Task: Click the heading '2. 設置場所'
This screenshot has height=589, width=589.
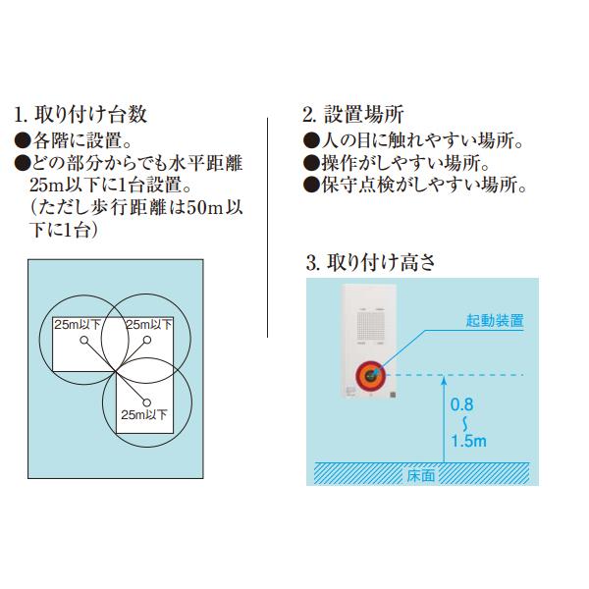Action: click(x=352, y=113)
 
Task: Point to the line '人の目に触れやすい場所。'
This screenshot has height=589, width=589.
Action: click(x=411, y=139)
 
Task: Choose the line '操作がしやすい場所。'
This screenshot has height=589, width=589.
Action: click(x=397, y=162)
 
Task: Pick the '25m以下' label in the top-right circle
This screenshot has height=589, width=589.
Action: click(x=147, y=324)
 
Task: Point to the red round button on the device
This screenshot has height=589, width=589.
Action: click(x=369, y=374)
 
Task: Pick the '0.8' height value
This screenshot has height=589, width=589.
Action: click(x=463, y=403)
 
